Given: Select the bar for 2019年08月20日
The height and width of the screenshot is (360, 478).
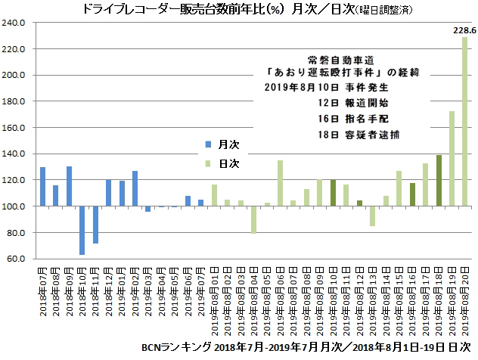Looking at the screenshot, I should pos(465,122).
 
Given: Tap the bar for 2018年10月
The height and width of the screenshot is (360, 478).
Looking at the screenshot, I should pos(82,231).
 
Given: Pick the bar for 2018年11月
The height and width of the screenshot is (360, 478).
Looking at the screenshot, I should pos(96,225).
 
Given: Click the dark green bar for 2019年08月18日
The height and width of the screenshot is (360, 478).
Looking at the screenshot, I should pos(439,181).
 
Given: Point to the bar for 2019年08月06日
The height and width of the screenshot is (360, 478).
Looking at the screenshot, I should pos(280,183).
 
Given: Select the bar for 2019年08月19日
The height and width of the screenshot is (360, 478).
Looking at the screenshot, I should pos(452,159).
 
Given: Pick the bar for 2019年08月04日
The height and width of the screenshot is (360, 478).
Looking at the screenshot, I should pos(253,220).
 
